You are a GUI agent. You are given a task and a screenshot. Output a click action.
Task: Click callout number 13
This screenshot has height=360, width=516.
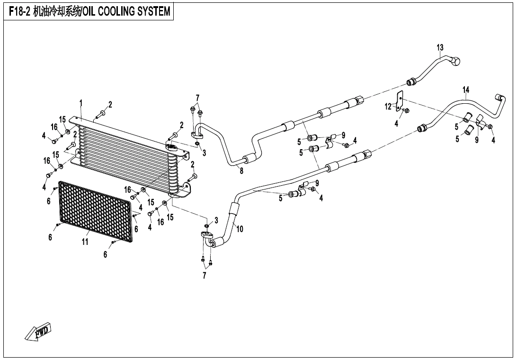point(440,47)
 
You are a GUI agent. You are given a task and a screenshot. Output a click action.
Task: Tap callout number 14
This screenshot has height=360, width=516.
point(466,90)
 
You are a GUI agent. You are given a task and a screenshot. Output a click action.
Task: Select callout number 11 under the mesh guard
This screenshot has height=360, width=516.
point(85,242)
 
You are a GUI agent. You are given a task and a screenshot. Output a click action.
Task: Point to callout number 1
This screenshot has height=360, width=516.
point(81,103)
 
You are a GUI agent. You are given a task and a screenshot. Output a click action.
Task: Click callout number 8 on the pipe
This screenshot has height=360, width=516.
point(241,171)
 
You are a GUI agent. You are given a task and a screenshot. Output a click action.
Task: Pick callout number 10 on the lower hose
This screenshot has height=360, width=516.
point(240,229)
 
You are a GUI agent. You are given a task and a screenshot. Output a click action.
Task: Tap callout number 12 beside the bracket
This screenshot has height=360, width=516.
point(388,107)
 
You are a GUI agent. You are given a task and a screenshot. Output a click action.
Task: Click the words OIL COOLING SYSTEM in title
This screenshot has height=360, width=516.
point(126,11)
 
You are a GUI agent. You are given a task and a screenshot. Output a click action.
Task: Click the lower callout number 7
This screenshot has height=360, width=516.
point(205,276)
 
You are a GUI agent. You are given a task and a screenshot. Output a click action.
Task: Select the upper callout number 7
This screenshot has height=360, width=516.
point(197,98)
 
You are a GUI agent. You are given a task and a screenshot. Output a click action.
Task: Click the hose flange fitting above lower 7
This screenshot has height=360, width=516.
point(207,236)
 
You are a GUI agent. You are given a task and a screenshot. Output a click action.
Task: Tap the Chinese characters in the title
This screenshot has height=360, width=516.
point(57,11)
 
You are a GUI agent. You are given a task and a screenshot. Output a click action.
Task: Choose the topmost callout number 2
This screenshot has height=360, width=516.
point(110,105)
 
